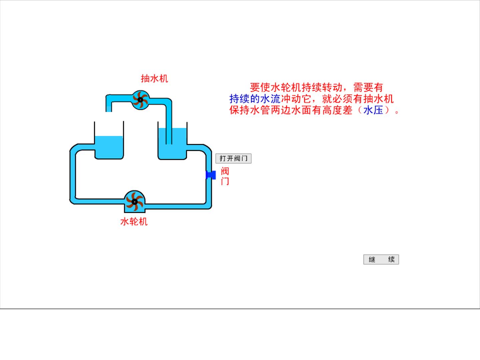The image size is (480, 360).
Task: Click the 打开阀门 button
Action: click(x=233, y=158)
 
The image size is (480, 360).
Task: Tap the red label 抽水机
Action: click(x=154, y=79)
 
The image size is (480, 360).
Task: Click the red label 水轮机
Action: click(x=134, y=222)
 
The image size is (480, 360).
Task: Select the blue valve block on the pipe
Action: click(x=211, y=175)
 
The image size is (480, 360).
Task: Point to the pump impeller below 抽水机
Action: click(x=140, y=100)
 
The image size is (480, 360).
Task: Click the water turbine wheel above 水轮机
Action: click(x=134, y=202)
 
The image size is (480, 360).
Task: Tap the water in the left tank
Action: click(x=109, y=147)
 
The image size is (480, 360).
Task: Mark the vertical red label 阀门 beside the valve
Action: click(x=225, y=176)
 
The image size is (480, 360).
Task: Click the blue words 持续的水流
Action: click(x=255, y=99)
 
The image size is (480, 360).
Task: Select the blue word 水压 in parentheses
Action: click(x=373, y=110)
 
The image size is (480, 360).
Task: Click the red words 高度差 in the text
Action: click(x=337, y=110)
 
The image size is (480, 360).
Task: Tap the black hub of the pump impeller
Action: click(x=140, y=100)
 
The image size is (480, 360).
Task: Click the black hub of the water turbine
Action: click(x=134, y=202)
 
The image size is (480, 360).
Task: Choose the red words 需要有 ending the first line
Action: click(x=368, y=88)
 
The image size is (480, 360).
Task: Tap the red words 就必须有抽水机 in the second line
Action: click(x=358, y=99)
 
